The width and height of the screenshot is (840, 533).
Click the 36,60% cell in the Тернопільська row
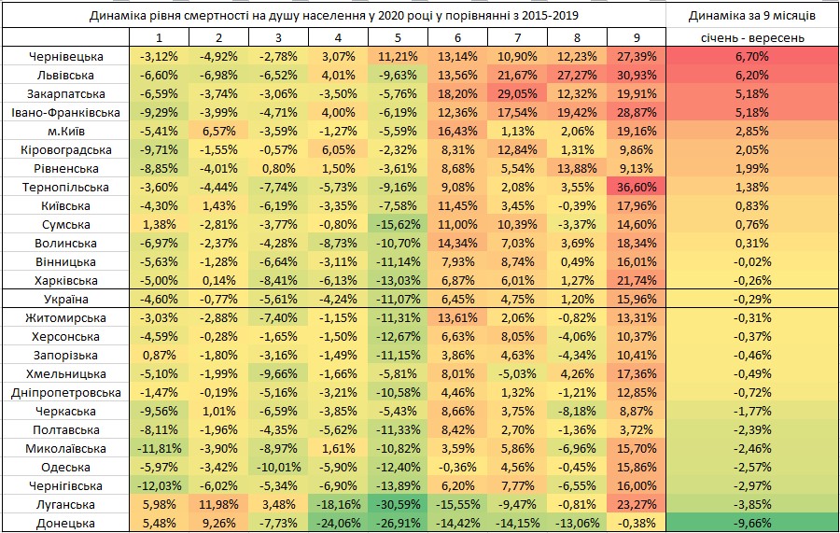pos(636,187)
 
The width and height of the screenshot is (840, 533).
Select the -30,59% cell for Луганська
pos(397,504)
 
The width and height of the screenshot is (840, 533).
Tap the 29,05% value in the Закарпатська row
pos(516,93)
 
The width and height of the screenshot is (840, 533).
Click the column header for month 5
pos(397,38)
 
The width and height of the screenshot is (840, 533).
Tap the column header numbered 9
pos(636,38)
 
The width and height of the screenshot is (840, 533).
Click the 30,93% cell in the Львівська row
pos(636,75)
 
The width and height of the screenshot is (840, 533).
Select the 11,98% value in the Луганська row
pos(217,504)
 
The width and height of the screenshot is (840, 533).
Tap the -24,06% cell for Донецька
pos(337,523)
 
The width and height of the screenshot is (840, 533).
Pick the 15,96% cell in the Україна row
pos(636,299)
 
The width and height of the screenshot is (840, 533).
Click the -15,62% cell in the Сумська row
pos(397,224)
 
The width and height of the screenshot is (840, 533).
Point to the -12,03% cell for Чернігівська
pos(158,485)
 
